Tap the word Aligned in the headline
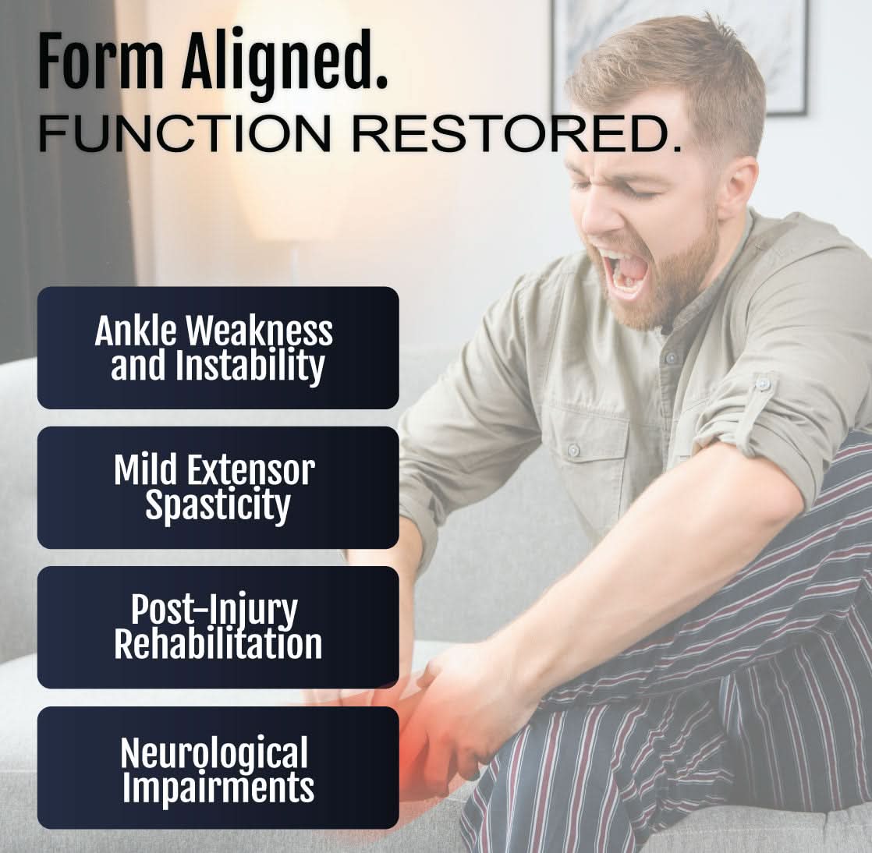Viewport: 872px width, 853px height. [284, 62]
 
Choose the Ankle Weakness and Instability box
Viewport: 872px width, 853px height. [218, 348]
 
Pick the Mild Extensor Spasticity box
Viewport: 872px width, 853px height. [218, 487]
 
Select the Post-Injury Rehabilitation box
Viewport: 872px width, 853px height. [218, 627]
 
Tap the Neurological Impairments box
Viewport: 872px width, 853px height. [218, 768]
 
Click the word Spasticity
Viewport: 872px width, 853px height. [218, 506]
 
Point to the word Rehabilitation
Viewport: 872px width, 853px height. [218, 645]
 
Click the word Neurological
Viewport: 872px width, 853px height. [214, 752]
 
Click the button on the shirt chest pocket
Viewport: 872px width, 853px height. [573, 450]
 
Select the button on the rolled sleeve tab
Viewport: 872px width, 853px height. [762, 384]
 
